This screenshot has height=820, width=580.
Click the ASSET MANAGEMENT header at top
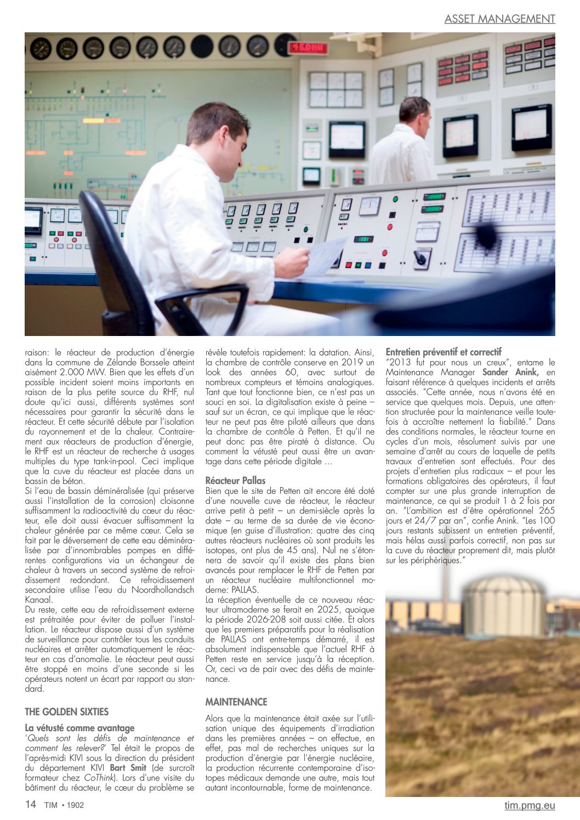point(499,19)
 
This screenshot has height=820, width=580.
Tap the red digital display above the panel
point(308,48)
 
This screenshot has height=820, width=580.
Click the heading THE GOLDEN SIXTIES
point(66,711)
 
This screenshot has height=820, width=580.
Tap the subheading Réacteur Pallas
point(235,480)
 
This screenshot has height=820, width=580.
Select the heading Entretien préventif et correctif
point(443,352)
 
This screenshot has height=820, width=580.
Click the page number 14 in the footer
point(31,804)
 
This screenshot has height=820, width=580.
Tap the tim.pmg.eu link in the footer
point(530,805)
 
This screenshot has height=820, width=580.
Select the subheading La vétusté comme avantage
point(79,728)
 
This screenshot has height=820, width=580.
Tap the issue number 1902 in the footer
point(75,805)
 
